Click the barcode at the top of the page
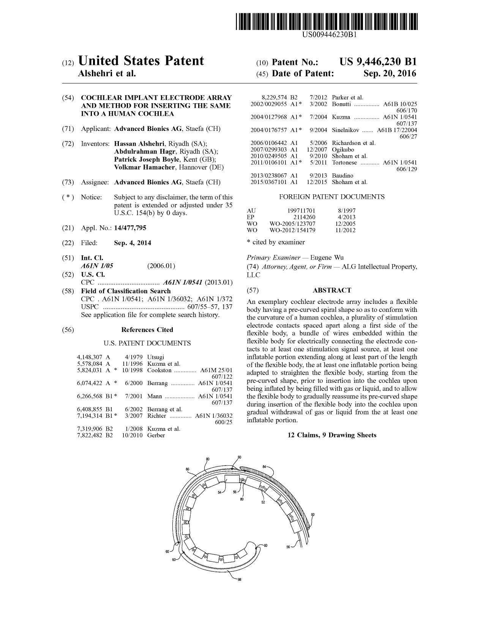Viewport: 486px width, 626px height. pos(329,22)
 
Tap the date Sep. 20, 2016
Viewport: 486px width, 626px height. pos(390,74)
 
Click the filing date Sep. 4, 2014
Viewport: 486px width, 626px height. pos(133,243)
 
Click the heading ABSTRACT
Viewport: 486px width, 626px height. pos(331,290)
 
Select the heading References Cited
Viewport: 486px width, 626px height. pos(147,330)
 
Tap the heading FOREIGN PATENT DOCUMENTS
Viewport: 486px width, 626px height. pos(331,197)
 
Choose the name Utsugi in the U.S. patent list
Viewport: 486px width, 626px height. pos(156,357)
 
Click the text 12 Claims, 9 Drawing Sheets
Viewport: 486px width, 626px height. pos(332,435)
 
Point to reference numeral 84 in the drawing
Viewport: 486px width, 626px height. pos(264,466)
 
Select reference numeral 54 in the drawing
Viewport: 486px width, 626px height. pos(219,492)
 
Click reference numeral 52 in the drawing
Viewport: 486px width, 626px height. pos(263,502)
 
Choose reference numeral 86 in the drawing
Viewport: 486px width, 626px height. pos(188,469)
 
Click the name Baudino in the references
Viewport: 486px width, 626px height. pos(342,176)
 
